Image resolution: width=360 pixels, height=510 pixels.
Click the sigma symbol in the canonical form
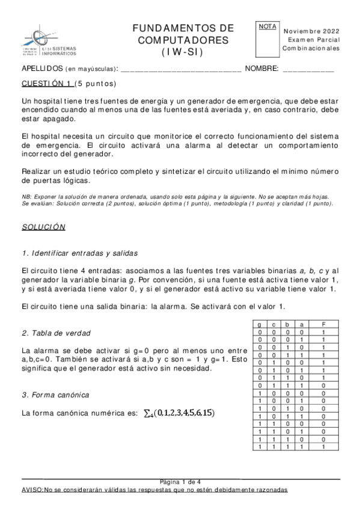pos(148,413)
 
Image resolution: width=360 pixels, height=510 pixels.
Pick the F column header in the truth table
pos(323,324)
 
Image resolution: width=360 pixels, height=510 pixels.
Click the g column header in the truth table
pos(259,324)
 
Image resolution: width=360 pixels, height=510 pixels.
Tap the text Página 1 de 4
pos(180,482)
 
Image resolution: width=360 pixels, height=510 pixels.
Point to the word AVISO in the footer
pos(32,490)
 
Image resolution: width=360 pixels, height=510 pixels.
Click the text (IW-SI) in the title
pos(182,52)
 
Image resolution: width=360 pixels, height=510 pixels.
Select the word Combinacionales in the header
pos(311,48)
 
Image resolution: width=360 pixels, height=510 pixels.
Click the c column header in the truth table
pos(273,324)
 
